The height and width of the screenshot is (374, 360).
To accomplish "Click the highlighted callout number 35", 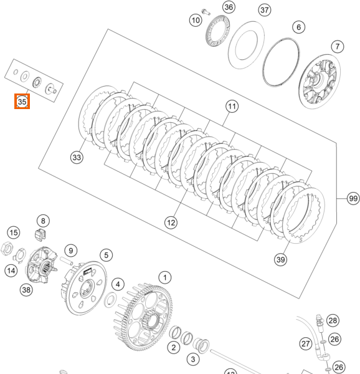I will [x=22, y=100].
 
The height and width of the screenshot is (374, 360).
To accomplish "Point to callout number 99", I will [x=353, y=198].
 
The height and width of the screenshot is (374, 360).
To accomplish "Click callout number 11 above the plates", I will [x=232, y=107].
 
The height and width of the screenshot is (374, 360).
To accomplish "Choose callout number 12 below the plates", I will [x=171, y=222].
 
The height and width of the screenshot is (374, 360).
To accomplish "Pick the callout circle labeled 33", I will [x=77, y=158].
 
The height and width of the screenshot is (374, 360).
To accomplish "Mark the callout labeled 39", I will [x=280, y=259].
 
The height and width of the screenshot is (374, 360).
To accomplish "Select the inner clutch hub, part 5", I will [x=84, y=286].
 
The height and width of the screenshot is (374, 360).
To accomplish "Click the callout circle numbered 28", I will [x=333, y=320].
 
